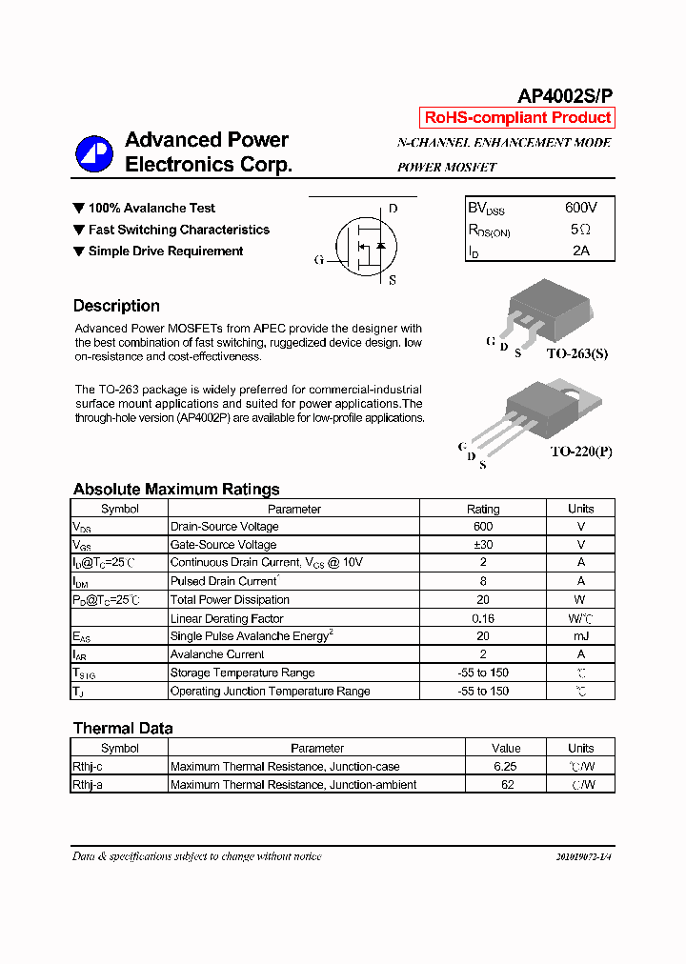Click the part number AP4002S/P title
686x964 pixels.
coord(565,96)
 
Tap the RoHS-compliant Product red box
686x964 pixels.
coord(517,118)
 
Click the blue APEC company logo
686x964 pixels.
coord(95,153)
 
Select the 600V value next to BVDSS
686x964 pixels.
coord(580,208)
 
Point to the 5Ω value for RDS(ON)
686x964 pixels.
coord(580,230)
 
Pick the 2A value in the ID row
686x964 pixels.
coord(580,251)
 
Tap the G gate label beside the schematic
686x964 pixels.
coord(319,259)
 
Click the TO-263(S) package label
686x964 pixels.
coord(576,353)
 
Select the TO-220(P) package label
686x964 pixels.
coord(580,452)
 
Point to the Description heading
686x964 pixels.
coord(116,306)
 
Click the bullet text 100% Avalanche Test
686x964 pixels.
coord(151,208)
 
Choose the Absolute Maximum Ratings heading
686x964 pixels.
coord(176,489)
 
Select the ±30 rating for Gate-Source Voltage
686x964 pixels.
coord(483,545)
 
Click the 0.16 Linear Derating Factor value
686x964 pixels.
coord(483,618)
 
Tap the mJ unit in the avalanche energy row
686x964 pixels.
coord(580,636)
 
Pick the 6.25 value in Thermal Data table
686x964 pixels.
coord(505,767)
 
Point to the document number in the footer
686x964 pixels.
coord(583,856)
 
